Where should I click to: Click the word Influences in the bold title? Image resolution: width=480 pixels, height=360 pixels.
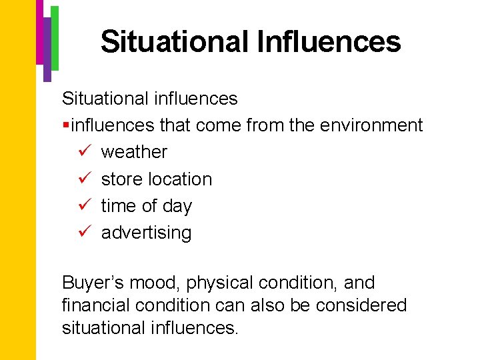pyautogui.click(x=328, y=41)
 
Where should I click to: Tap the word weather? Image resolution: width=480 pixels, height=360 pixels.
pyautogui.click(x=134, y=152)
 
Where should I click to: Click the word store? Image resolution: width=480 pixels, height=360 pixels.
pyautogui.click(x=121, y=179)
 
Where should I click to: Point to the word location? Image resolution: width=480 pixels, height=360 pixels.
pyautogui.click(x=179, y=179)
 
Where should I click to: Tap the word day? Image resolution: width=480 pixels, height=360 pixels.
pyautogui.click(x=177, y=207)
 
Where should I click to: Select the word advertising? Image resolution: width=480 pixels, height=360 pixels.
pyautogui.click(x=146, y=233)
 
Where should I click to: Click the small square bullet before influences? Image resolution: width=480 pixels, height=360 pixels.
pyautogui.click(x=65, y=125)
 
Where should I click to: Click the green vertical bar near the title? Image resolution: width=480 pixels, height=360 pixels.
pyautogui.click(x=55, y=37)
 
